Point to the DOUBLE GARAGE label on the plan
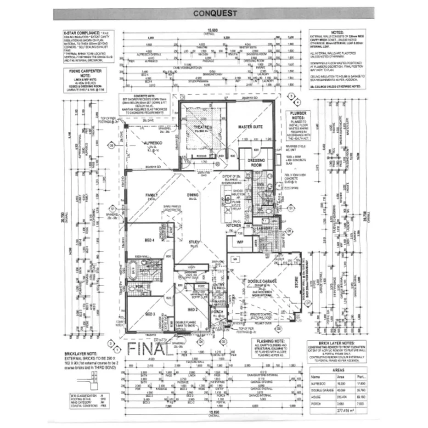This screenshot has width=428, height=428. (263, 282)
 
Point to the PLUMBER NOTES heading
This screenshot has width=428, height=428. (299, 115)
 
